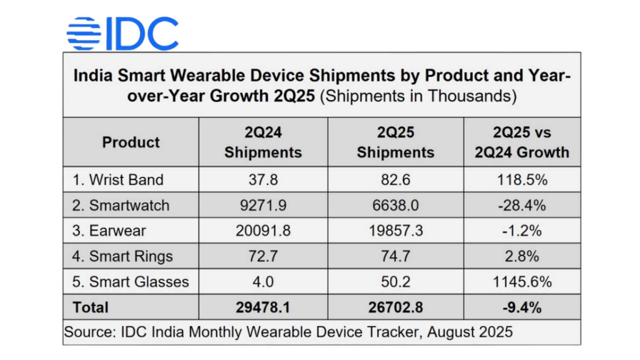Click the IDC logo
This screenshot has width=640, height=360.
point(123,34)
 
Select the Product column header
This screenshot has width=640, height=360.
point(131,142)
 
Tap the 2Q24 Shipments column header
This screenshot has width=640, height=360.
point(263,142)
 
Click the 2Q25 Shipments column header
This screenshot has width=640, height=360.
point(396,142)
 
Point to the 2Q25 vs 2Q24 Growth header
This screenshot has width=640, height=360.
point(522,142)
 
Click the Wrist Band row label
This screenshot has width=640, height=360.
point(118,180)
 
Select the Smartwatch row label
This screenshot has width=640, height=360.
point(121,205)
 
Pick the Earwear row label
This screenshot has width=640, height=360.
point(109,231)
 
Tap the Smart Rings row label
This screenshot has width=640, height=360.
point(122,256)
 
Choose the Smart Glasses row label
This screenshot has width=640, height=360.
point(130,282)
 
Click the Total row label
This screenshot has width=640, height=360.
point(90,307)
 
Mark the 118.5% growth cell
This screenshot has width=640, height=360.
point(522,180)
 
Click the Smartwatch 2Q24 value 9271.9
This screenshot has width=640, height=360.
point(263,205)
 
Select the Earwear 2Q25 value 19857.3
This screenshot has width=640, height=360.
point(396,231)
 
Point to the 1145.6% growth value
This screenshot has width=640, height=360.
point(522,282)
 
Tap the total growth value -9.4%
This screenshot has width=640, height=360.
point(522,307)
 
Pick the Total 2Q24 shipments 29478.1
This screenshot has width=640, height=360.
point(263,307)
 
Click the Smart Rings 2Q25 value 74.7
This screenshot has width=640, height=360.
point(396,256)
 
